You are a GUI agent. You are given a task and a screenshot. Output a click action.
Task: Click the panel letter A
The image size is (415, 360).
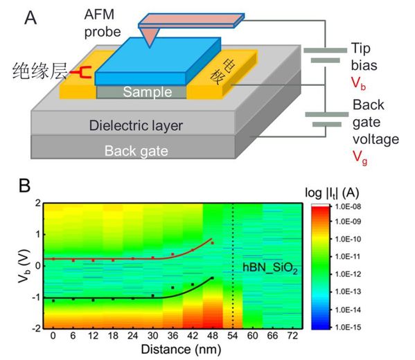tap(30, 18)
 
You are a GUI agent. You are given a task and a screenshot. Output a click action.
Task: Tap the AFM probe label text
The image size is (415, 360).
tap(103, 23)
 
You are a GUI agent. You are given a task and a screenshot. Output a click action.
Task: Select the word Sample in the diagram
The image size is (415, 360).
tap(148, 92)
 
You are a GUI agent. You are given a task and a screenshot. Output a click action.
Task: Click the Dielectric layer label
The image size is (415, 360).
tap(136, 125)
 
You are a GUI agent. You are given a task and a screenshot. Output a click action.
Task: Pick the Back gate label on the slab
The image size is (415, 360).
tap(136, 151)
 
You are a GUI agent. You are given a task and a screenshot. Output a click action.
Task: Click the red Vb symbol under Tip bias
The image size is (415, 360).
tap(358, 83)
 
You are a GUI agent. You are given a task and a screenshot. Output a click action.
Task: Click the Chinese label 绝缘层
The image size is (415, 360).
tap(39, 71)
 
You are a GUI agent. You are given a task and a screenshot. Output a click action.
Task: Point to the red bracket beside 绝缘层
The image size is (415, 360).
tap(80, 72)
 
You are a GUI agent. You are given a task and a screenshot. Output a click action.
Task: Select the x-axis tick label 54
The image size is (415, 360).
tap(232, 336)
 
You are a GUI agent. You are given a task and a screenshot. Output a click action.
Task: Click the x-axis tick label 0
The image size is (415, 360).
tap(53, 336)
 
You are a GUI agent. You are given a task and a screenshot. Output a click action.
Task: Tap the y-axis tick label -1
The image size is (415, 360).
tap(36, 297)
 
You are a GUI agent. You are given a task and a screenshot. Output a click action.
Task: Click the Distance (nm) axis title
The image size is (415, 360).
tap(181, 349)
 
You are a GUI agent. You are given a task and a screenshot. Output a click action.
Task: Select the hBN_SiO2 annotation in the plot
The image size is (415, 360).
tap(270, 268)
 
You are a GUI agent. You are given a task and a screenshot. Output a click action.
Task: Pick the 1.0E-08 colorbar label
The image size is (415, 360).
tap(348, 206)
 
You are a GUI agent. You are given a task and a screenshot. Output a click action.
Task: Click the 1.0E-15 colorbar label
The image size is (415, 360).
tap(348, 327)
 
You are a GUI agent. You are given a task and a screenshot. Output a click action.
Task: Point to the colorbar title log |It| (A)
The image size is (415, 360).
tap(332, 193)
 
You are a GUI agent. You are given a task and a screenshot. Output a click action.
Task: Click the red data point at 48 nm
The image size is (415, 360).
tap(212, 243)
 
